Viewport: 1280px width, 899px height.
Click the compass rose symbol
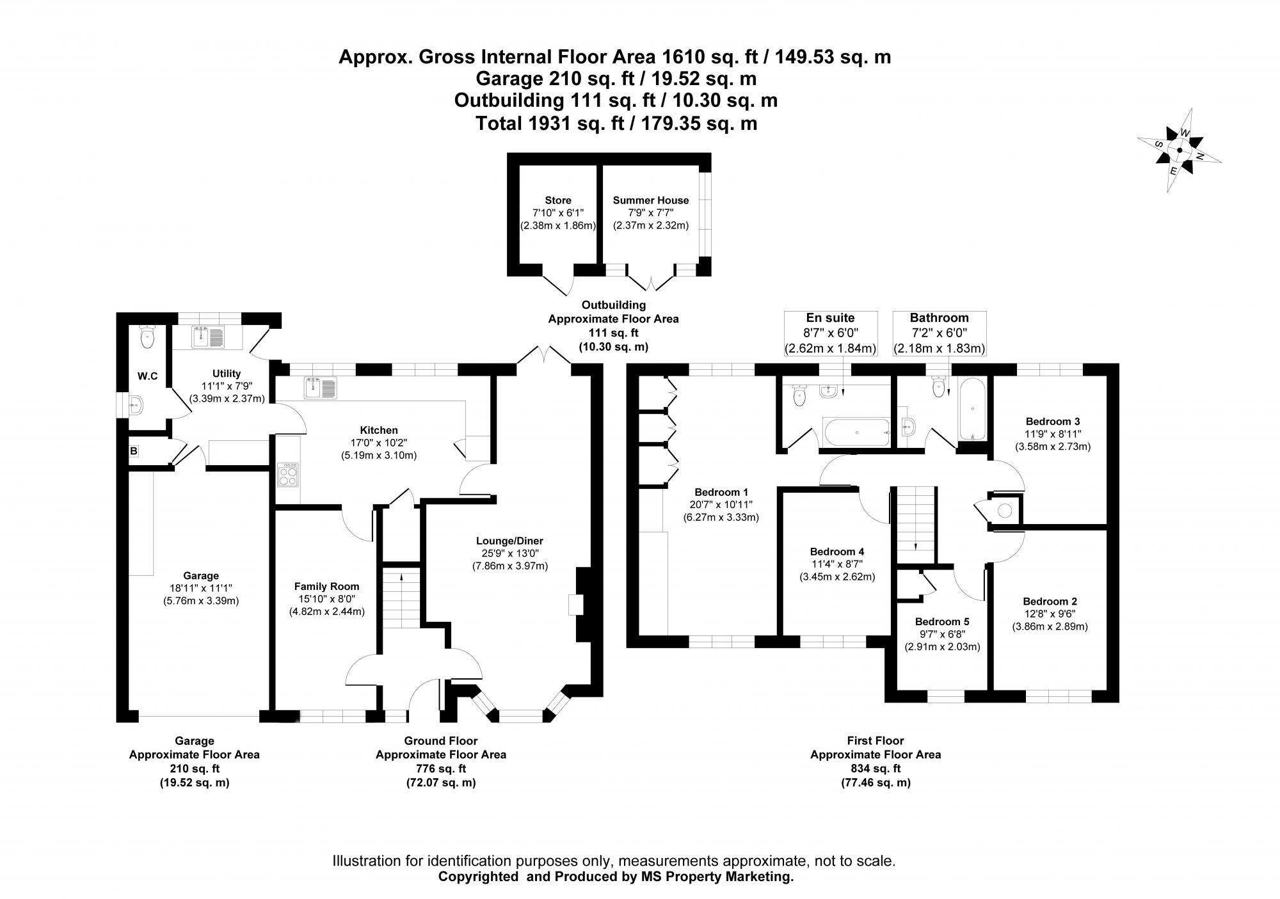1179,150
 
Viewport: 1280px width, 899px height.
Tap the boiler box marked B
134,451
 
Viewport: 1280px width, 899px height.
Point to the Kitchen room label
379,430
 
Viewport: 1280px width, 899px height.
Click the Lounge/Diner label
509,541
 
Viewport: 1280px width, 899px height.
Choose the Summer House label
650,200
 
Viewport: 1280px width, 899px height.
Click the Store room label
557,200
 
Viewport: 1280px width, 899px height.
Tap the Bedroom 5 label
941,621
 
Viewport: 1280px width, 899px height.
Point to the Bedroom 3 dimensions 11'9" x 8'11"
1053,434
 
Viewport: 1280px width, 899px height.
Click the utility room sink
207,337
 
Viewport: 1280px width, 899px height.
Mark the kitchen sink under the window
321,388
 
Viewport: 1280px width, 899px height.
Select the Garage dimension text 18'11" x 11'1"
200,588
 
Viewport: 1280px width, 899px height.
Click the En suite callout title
830,318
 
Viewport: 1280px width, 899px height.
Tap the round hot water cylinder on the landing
1005,511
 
